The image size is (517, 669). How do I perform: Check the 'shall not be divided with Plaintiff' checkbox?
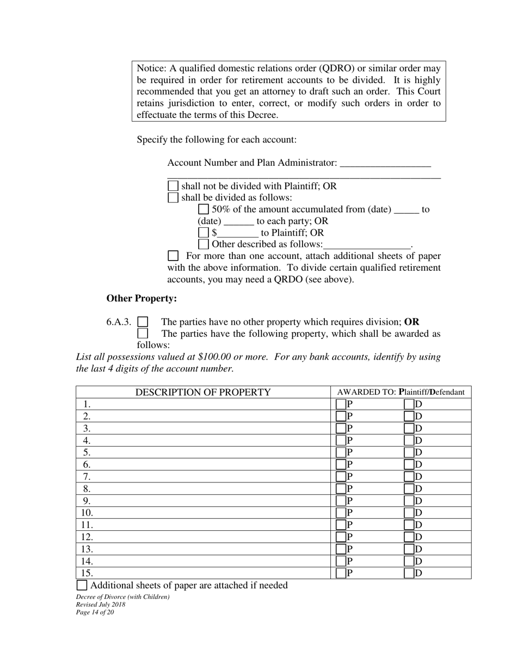pos(173,186)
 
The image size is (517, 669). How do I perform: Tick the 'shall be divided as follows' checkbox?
pos(173,197)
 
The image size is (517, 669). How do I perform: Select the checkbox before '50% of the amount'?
pos(204,209)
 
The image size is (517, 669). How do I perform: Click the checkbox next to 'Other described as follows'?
pos(204,244)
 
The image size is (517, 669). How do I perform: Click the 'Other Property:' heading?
pos(141,299)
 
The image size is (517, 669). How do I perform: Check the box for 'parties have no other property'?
pos(143,322)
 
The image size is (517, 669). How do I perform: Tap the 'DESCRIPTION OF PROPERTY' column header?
pos(203,392)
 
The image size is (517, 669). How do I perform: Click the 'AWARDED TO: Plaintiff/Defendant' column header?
pos(401,392)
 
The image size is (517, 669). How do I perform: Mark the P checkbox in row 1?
pos(341,404)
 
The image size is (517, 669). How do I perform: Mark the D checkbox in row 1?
pos(409,404)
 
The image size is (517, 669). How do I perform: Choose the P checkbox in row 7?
pos(341,476)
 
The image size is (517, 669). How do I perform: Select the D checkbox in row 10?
pos(409,513)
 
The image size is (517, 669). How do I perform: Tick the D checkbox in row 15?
pos(409,573)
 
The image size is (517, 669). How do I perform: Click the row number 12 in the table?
pos(87,537)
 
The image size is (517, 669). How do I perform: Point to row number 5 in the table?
pos(87,453)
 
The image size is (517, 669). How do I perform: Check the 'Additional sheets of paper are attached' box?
pos(82,586)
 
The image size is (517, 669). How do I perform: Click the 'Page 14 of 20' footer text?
pos(95,612)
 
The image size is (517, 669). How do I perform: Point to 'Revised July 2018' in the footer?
pos(101,605)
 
